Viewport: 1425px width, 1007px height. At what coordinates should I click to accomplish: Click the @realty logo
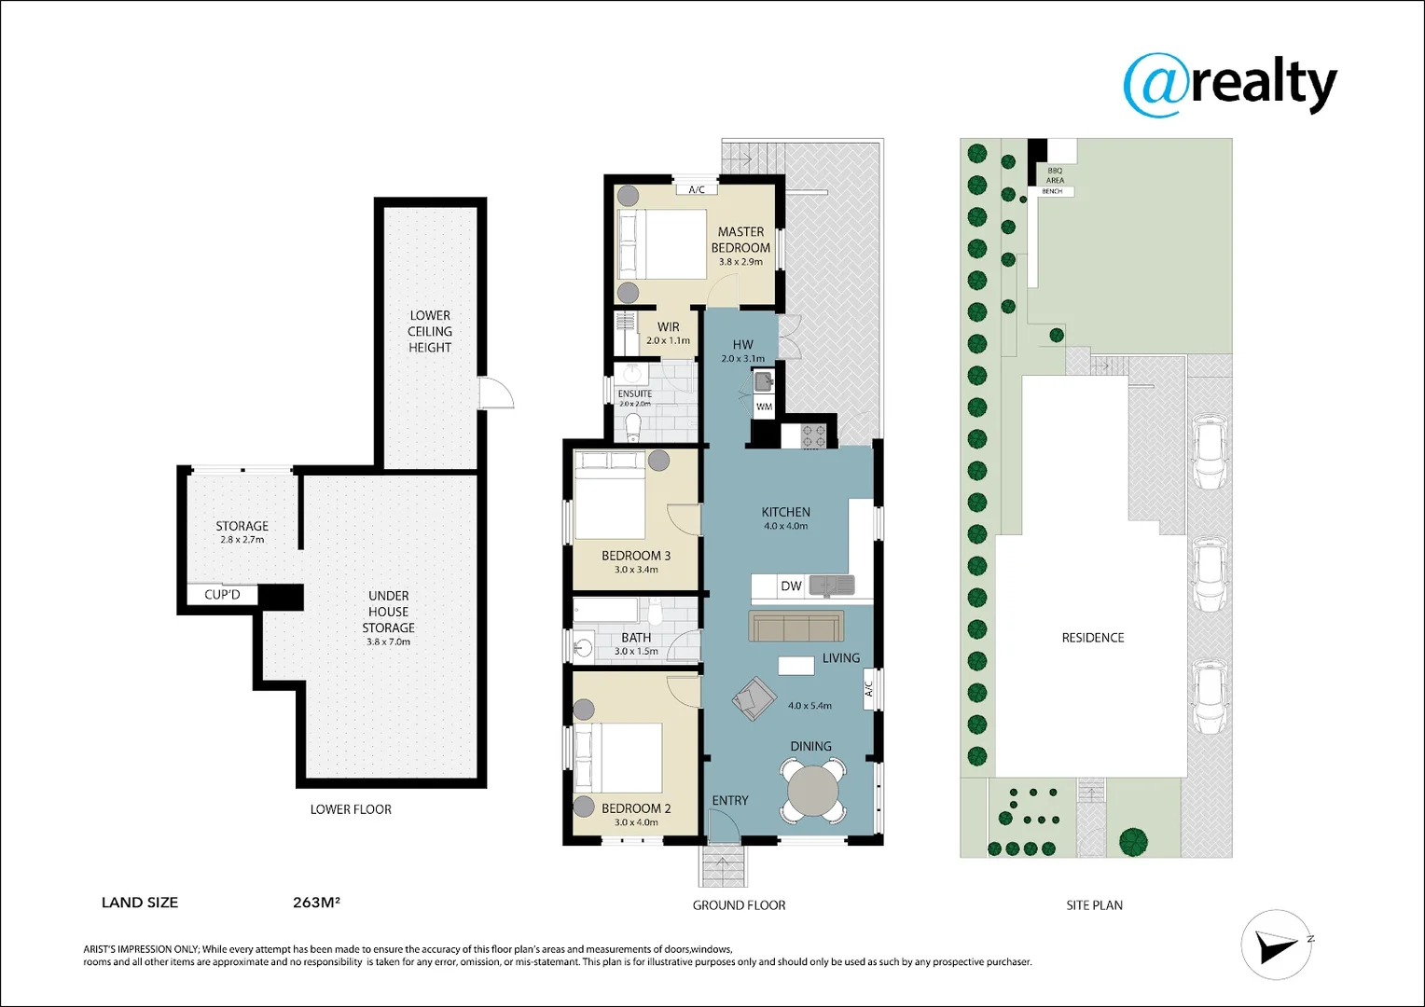(1230, 87)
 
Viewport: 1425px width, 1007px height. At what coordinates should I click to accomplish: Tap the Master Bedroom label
(740, 240)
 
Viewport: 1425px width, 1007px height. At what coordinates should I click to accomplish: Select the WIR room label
(668, 327)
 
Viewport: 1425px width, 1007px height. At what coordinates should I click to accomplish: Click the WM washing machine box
(764, 407)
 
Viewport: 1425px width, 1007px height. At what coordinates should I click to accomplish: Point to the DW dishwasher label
(791, 586)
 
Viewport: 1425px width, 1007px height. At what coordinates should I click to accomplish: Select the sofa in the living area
(796, 626)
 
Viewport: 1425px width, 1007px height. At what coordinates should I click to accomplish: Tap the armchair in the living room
(754, 697)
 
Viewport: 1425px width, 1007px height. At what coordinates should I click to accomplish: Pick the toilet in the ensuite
(633, 427)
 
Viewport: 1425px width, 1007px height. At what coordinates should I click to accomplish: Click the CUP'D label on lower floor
(222, 595)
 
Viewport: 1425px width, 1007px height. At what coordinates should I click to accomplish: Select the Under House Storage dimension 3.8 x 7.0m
(388, 641)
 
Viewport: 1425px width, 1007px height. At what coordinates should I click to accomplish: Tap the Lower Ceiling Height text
(430, 331)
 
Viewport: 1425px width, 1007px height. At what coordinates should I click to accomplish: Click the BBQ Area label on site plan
(1055, 175)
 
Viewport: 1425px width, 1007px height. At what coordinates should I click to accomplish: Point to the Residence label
(1093, 638)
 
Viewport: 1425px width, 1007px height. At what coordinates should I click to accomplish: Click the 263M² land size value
(316, 902)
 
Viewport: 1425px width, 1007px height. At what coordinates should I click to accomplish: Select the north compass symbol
(1276, 945)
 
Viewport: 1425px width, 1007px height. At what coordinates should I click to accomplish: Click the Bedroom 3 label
(636, 556)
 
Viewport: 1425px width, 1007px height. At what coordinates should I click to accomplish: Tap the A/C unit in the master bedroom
(697, 189)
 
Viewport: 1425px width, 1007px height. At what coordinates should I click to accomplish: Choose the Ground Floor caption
(740, 905)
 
